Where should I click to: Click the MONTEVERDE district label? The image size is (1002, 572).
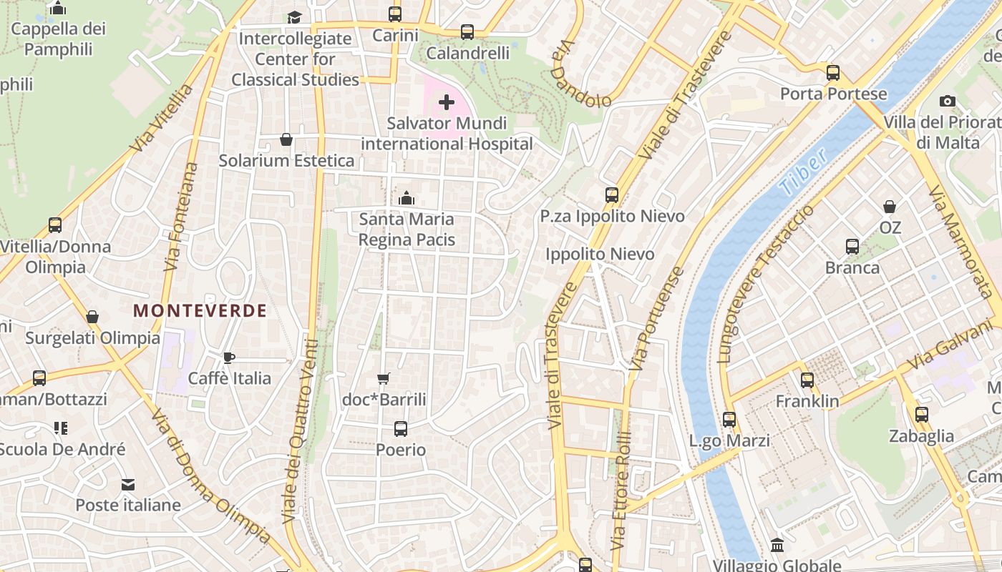200,311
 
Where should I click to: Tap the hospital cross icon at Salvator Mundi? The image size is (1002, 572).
447,102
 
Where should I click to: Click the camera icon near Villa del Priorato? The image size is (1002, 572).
948,101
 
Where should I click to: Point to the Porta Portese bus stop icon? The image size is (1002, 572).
832,72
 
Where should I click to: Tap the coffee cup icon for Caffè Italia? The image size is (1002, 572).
229,357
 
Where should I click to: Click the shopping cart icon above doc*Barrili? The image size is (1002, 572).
384,378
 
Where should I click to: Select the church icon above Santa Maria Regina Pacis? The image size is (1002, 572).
407,197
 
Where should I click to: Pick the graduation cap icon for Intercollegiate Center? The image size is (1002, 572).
295,17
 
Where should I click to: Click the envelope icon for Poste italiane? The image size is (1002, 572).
128,484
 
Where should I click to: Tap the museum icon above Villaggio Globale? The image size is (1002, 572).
777,546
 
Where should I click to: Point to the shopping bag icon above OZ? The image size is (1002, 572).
890,207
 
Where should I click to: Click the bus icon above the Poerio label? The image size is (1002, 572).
401,429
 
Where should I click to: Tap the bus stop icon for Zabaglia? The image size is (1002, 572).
921,414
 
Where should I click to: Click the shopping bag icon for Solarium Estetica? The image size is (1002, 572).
286,139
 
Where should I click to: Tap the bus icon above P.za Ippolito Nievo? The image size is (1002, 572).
612,194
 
